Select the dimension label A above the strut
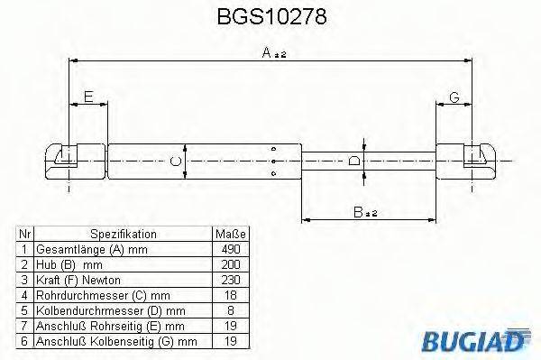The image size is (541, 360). click(x=268, y=53)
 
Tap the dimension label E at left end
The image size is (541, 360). click(x=87, y=97)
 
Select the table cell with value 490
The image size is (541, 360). click(x=230, y=248)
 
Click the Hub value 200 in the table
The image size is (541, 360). click(x=230, y=263)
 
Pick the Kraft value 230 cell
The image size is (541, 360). click(x=230, y=279)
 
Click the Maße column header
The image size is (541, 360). click(x=230, y=233)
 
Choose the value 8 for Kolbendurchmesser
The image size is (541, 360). click(x=230, y=309)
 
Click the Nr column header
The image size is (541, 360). click(x=25, y=233)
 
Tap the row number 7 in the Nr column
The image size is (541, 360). click(x=25, y=325)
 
